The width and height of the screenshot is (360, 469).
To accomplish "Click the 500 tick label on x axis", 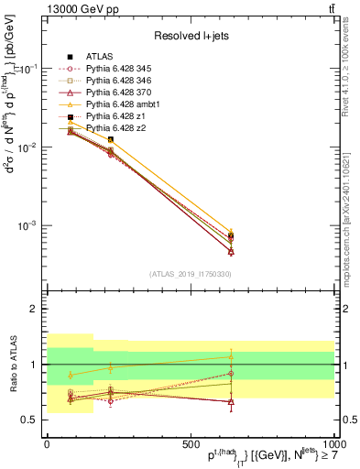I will [191, 442].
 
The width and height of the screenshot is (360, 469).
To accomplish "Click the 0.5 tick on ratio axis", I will [34, 420].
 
